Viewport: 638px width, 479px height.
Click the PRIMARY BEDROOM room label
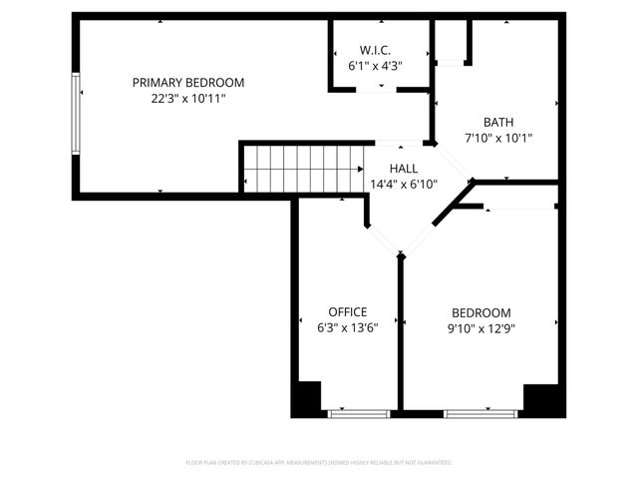(187, 83)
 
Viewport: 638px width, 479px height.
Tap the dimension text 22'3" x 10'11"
(187, 99)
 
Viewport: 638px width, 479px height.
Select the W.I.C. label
(375, 49)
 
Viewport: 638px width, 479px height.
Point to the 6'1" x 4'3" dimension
(375, 65)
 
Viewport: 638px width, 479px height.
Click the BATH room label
(498, 122)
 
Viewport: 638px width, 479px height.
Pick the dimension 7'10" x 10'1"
(498, 138)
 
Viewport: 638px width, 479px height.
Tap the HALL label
(404, 169)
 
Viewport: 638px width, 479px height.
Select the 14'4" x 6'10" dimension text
(404, 184)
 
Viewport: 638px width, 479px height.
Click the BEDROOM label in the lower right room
(480, 312)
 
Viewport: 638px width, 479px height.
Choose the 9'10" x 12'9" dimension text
(480, 327)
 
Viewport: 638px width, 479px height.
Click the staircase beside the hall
(303, 169)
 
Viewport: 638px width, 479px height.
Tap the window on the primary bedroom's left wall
(75, 115)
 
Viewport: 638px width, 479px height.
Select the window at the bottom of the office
(360, 412)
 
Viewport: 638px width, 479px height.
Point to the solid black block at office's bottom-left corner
(305, 399)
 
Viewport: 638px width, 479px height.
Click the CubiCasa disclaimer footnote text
(319, 463)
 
